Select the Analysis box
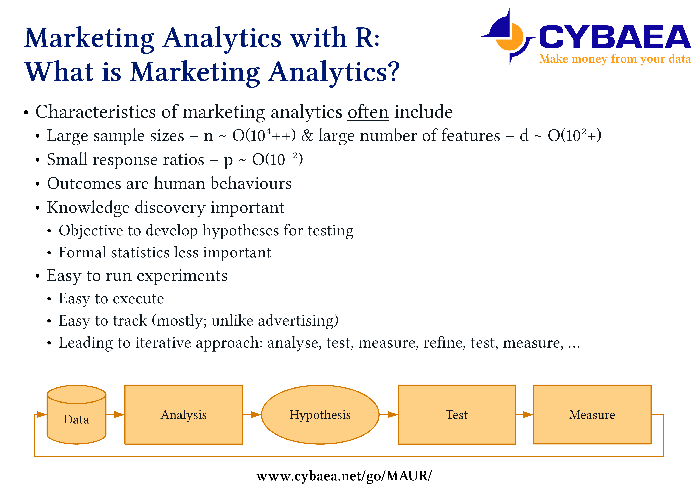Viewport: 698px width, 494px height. coord(184,415)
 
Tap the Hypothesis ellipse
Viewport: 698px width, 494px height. coord(320,415)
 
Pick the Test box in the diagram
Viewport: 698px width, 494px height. coord(457,415)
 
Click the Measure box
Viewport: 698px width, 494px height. coord(592,415)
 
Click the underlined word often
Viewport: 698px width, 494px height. coord(368,112)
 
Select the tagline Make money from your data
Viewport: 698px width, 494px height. coord(615,59)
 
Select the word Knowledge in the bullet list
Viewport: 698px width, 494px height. coord(88,208)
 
